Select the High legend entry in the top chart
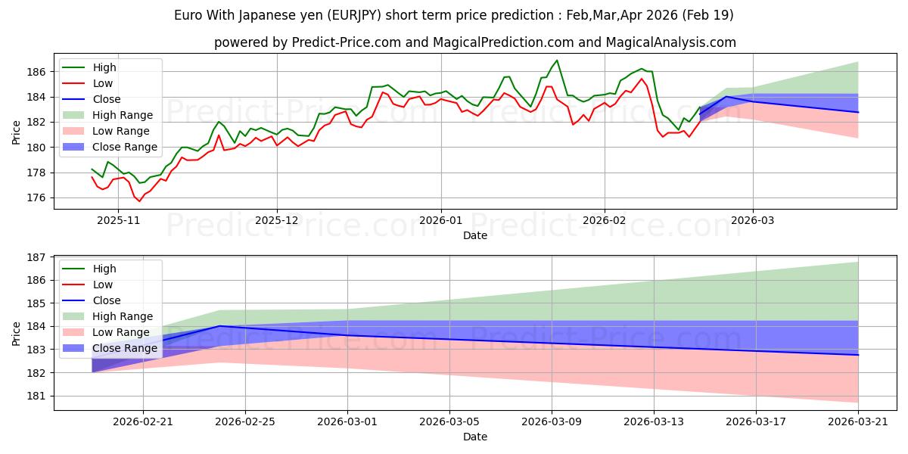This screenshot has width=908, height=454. click(x=104, y=67)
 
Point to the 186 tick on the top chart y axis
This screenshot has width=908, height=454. click(x=39, y=72)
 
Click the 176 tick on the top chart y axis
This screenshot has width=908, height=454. click(x=39, y=197)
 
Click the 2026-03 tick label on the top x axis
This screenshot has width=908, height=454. click(x=753, y=221)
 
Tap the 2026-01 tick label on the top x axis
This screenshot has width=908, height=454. click(x=440, y=221)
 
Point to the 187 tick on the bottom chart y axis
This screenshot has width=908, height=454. click(x=39, y=257)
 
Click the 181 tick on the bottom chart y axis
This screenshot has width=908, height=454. click(x=39, y=396)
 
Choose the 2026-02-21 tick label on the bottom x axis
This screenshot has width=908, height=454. click(x=143, y=422)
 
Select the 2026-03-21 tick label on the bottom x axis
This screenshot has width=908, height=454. click(x=858, y=422)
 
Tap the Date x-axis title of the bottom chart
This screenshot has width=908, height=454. click(x=474, y=437)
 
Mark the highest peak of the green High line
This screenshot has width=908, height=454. click(x=557, y=61)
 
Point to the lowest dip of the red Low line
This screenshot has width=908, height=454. click(x=139, y=201)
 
